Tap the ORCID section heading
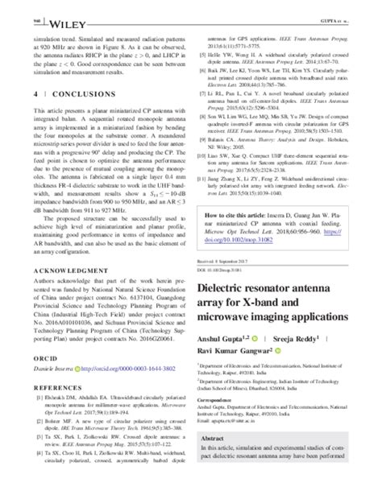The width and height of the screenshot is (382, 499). [x=41, y=352]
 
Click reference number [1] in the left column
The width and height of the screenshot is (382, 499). [x=35, y=398]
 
